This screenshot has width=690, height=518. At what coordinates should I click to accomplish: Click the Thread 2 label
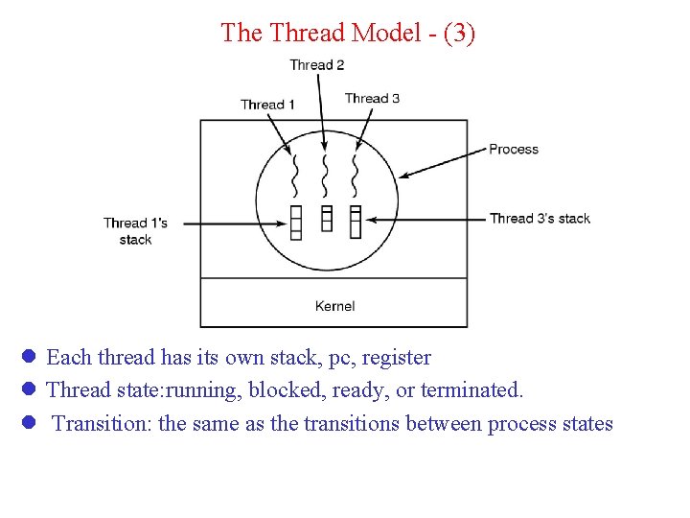(316, 65)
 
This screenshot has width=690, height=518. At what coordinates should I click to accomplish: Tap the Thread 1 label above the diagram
(267, 105)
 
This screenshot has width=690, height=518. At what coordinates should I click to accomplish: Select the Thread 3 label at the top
(372, 98)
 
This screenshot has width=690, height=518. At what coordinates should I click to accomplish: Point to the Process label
(514, 149)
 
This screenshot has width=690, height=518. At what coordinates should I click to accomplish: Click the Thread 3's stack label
(540, 219)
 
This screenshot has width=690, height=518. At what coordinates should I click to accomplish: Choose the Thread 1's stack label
(135, 231)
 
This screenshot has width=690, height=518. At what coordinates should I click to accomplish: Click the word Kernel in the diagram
(334, 306)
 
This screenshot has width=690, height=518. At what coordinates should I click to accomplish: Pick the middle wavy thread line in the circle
(326, 174)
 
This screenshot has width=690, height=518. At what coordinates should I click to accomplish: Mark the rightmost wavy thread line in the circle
(355, 174)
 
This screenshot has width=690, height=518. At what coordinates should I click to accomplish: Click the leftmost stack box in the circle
(296, 222)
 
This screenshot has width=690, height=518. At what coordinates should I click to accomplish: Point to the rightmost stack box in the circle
(356, 221)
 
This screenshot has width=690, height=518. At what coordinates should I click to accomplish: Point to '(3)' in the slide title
(458, 33)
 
